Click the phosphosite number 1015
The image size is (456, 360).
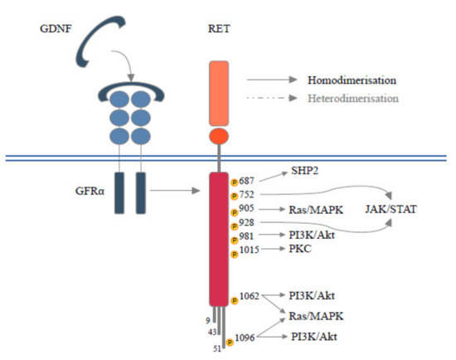pyautogui.click(x=252, y=249)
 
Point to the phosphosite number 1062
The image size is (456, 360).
pyautogui.click(x=252, y=294)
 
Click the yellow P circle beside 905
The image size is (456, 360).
pyautogui.click(x=235, y=212)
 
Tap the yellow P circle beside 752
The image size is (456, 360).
pyautogui.click(x=235, y=196)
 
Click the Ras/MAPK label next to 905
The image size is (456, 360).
pyautogui.click(x=311, y=210)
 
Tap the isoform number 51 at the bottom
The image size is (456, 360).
pyautogui.click(x=218, y=348)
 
